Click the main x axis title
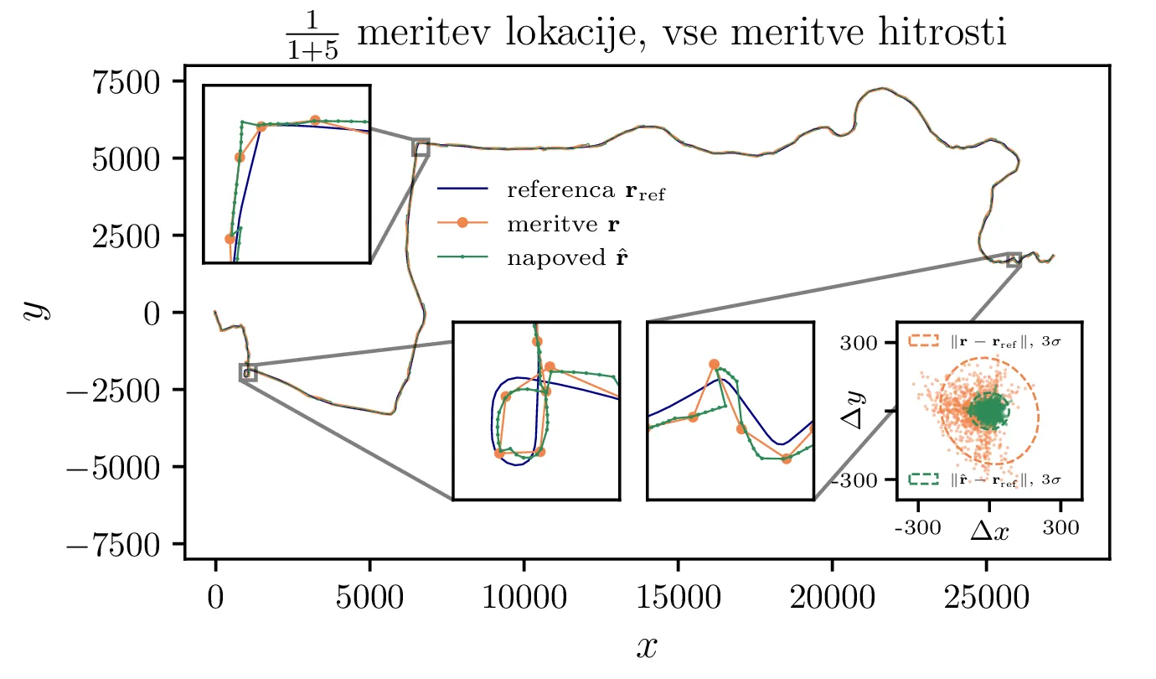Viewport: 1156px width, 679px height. coord(647,645)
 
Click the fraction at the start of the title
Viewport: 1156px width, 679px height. coord(308,34)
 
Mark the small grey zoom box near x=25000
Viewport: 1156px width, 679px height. coord(1014,260)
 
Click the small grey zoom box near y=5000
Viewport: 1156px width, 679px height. coord(421,148)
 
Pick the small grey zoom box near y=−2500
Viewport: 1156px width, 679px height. coord(248,372)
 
